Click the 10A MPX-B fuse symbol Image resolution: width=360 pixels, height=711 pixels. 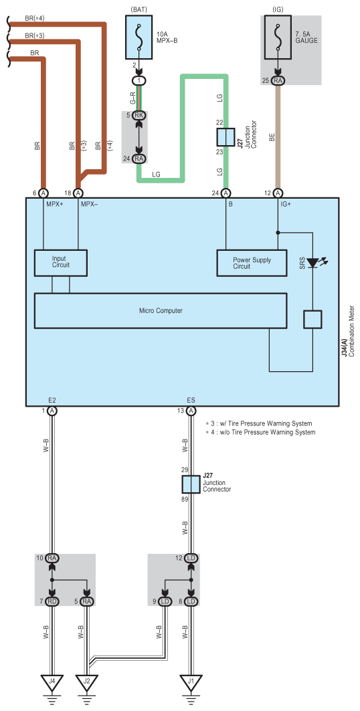pos(140,37)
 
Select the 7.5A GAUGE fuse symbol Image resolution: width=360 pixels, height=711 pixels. pos(278,37)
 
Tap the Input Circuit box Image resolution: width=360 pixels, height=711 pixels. pos(61,263)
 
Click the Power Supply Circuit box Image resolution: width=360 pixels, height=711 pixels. pos(252,263)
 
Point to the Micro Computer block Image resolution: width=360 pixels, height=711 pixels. pos(161,310)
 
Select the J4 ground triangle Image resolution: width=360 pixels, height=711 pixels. pos(52,682)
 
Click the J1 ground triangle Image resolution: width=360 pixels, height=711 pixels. pos(191,682)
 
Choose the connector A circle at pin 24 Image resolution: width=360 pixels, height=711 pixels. pos(226,193)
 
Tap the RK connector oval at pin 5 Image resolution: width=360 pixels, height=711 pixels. pos(140,115)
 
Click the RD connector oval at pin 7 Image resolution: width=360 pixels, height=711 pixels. pos(52,601)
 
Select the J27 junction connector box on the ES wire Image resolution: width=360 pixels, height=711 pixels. pos(191,485)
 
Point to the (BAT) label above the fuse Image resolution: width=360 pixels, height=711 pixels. pos(140,9)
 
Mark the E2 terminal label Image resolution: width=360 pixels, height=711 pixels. pos(52,401)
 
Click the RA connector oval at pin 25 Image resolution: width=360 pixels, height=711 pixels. pos(278,81)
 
